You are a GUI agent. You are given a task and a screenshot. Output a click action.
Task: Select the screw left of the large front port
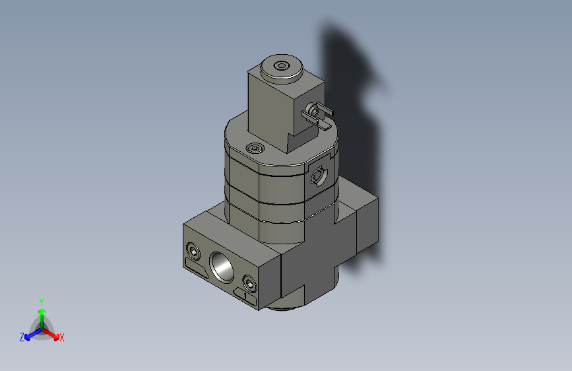tap(193, 252)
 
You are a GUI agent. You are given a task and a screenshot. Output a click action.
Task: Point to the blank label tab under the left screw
tap(196, 268)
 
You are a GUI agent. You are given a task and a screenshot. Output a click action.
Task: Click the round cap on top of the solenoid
tap(282, 67)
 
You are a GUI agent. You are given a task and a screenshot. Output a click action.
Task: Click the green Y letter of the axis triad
tap(41, 300)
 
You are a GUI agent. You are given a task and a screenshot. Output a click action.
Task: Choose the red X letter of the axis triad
tap(61, 338)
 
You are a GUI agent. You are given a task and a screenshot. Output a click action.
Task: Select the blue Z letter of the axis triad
tap(21, 337)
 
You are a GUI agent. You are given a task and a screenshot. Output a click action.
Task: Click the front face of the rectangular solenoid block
tap(267, 109)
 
